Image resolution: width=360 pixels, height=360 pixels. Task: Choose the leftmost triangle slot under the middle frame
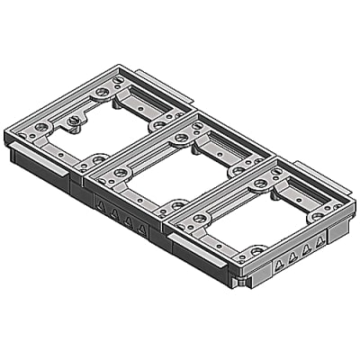pos(102,206)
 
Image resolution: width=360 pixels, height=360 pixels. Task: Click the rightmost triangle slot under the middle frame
pos(141,229)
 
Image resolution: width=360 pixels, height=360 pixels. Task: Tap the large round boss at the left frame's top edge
pos(103,92)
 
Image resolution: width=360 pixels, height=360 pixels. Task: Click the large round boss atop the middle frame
pos(181,138)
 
